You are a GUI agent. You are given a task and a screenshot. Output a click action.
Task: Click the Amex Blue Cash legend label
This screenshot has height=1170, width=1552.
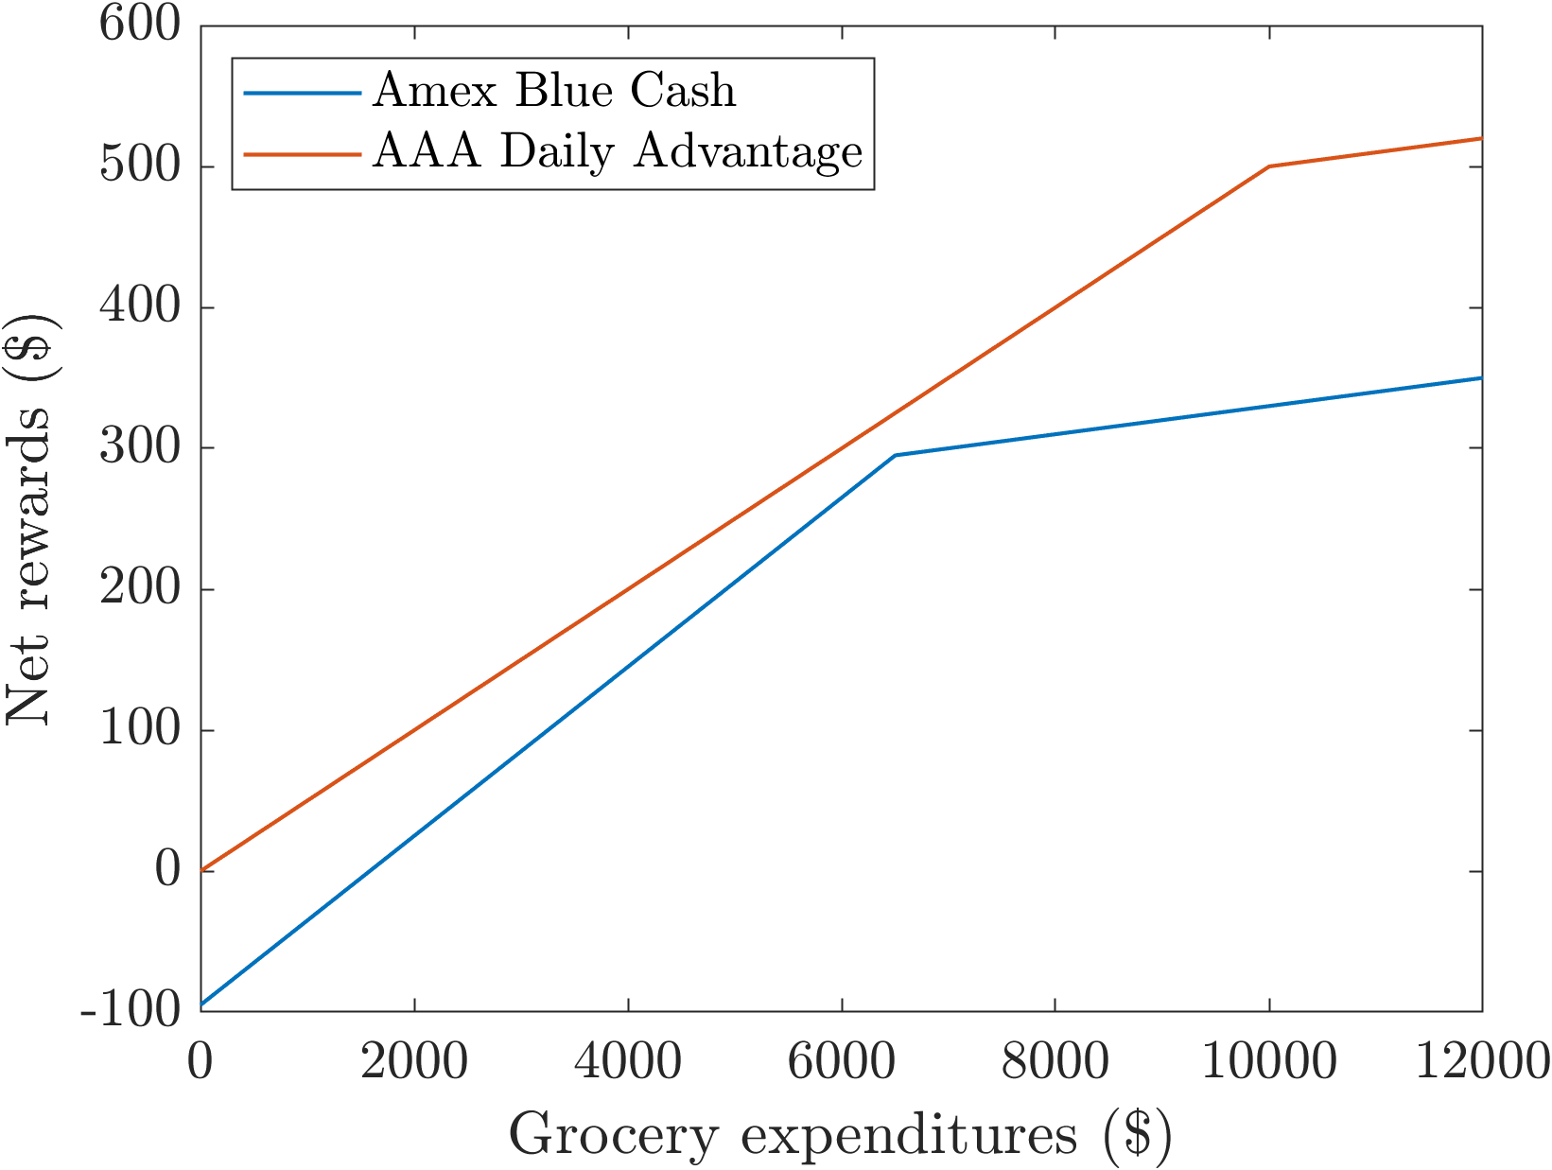554,91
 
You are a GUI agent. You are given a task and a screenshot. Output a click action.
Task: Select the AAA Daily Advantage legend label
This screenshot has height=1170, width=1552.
618,151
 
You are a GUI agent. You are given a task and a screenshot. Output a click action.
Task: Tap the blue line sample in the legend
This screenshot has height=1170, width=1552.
302,93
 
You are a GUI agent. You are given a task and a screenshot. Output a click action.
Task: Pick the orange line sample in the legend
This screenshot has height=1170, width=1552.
302,153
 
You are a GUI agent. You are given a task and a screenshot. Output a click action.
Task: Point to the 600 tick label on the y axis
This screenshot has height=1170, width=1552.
140,25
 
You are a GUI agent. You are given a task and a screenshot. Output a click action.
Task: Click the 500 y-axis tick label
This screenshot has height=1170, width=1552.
140,166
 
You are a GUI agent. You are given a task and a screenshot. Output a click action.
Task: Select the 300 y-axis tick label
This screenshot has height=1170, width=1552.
140,447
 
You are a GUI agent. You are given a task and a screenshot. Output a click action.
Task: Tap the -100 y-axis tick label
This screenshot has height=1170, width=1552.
131,1010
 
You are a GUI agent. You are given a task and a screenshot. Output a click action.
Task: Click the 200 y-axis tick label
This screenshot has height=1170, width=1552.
140,588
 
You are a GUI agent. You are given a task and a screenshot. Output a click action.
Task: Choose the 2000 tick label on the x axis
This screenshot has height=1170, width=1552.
414,1062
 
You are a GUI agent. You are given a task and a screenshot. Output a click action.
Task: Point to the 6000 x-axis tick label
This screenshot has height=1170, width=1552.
842,1062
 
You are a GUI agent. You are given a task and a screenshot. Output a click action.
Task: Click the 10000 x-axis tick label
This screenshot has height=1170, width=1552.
1268,1062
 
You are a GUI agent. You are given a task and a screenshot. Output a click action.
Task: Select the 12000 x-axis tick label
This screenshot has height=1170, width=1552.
1481,1062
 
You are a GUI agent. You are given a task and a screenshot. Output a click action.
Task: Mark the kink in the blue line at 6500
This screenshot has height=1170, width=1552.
895,455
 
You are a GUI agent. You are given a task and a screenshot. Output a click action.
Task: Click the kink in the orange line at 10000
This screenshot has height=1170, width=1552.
1268,166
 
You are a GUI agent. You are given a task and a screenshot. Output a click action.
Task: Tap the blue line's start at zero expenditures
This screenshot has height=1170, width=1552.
201,1004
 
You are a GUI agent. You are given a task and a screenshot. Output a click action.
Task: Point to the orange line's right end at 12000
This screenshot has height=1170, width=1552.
1481,138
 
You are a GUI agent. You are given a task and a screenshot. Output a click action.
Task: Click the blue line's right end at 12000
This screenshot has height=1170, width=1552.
1481,377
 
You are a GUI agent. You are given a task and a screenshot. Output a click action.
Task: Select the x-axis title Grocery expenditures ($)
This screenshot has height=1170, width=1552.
840,1133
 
